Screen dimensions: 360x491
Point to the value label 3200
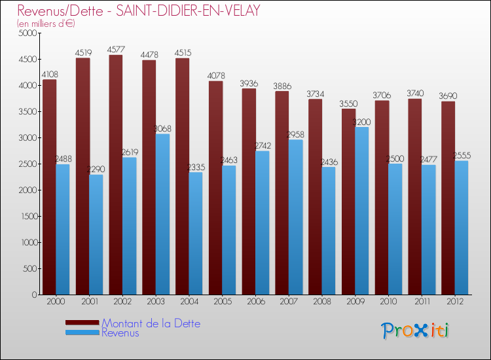point(362,122)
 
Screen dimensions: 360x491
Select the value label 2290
point(96,170)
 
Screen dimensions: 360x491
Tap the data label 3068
point(163,128)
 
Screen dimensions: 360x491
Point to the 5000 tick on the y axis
point(27,33)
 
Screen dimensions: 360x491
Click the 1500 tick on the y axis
point(27,216)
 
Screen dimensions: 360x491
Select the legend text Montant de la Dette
point(151,323)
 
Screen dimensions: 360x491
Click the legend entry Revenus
point(120,333)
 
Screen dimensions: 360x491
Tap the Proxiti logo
point(416,331)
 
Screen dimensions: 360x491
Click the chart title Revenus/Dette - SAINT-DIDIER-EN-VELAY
point(139,10)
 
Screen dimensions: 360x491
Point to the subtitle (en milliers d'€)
point(46,24)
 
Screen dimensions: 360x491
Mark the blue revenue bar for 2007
point(296,217)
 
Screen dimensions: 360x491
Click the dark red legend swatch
point(82,322)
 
